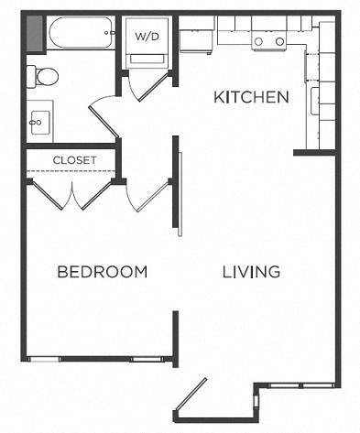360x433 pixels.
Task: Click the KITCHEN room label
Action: (x=251, y=97)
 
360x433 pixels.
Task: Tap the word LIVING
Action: (x=251, y=272)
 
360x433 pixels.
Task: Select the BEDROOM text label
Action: (x=103, y=272)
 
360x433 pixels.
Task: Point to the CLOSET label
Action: (x=74, y=160)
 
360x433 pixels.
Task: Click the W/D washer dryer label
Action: (x=147, y=37)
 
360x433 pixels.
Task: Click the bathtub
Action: (x=81, y=33)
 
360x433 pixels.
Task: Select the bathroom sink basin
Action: (x=39, y=123)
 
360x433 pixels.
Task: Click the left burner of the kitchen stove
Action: (x=258, y=41)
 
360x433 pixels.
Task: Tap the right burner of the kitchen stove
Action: (x=279, y=41)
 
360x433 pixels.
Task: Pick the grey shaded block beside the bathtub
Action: (x=35, y=33)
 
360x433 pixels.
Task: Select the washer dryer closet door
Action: (x=148, y=86)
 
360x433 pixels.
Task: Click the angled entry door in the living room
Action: (x=191, y=395)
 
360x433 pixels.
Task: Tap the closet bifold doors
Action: (x=72, y=195)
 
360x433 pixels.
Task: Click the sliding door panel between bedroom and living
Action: (x=180, y=194)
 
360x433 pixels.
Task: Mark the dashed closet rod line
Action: (x=71, y=171)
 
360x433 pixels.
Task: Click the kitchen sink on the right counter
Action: (x=315, y=101)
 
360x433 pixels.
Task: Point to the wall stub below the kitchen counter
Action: (x=314, y=152)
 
